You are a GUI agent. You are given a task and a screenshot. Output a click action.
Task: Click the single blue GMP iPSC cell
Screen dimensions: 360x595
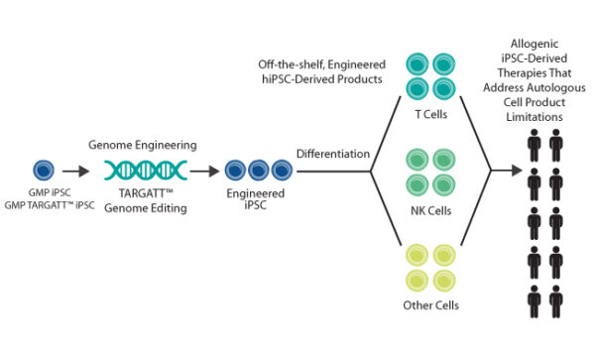point(44,170)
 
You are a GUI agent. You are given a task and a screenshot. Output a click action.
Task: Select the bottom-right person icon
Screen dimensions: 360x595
point(558,300)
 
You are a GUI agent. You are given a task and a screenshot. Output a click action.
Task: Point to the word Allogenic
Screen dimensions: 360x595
point(546,47)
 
